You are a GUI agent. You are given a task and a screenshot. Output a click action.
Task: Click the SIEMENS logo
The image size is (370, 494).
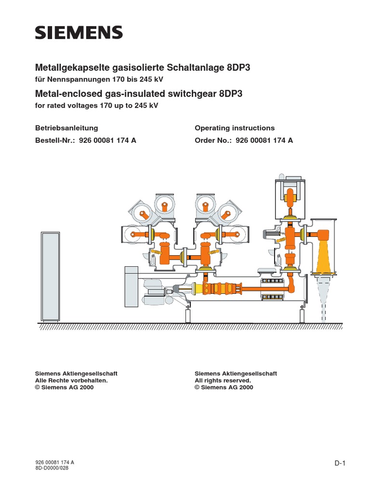tap(79, 33)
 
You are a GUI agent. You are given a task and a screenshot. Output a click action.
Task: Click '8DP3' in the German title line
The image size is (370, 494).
tap(238, 69)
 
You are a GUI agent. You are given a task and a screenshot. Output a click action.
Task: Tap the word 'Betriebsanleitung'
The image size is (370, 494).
tap(66, 128)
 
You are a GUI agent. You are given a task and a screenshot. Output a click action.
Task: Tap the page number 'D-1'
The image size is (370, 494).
tap(341, 464)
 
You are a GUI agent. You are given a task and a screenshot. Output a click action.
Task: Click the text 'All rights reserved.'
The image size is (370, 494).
tap(223, 380)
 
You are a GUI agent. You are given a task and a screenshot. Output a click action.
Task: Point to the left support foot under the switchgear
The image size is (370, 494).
tap(187, 316)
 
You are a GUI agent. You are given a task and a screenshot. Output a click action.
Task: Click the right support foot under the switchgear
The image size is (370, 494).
tap(302, 316)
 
